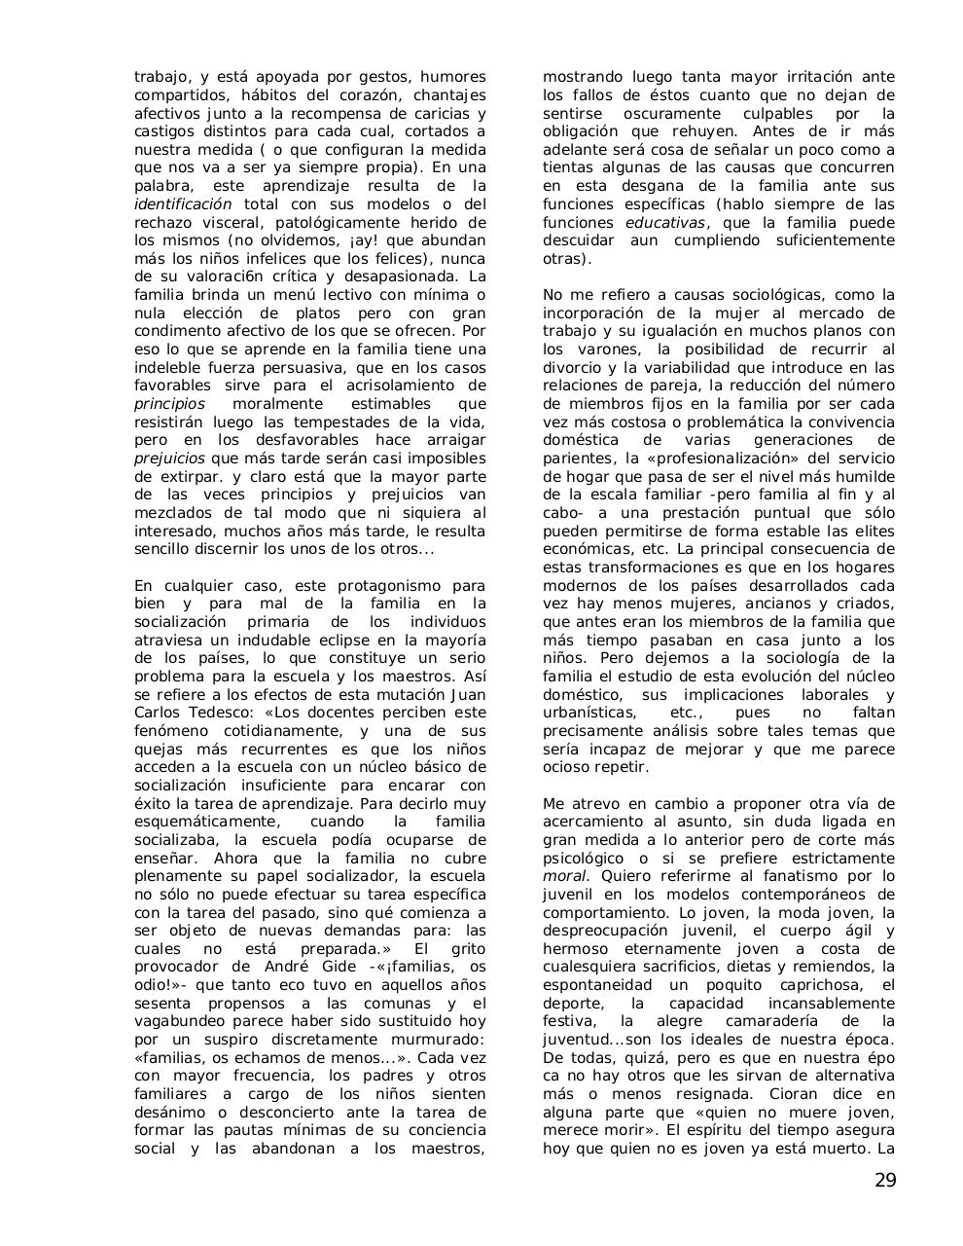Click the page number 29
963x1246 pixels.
pos(884,1181)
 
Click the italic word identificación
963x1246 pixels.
pos(183,204)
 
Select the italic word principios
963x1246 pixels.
pos(169,404)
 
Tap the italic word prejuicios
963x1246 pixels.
pos(169,458)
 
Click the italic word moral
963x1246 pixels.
pos(563,876)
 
